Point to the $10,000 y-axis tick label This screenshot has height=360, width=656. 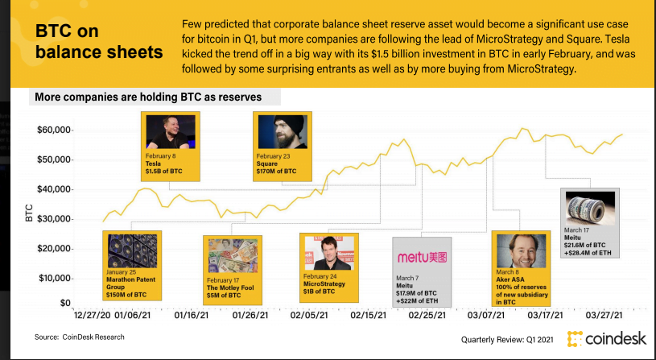54,278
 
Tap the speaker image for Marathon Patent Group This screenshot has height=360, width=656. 132,250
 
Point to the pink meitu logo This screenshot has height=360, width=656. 421,258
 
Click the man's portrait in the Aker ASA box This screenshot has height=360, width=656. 517,250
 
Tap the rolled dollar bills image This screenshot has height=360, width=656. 589,208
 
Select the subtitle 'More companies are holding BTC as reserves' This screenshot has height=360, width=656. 155,97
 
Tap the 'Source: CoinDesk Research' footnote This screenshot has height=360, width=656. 79,336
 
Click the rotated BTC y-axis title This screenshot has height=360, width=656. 29,213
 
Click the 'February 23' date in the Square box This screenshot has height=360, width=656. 273,155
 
